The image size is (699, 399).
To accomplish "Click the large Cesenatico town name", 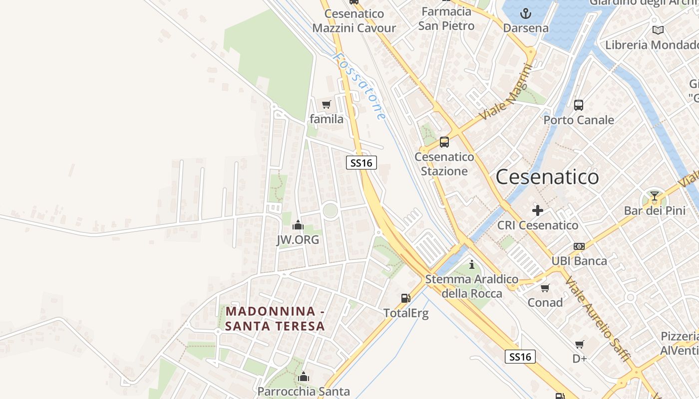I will (547, 177).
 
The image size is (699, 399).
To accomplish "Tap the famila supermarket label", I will (327, 119).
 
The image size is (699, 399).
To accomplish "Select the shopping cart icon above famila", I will (327, 105).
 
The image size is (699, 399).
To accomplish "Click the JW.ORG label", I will (298, 240).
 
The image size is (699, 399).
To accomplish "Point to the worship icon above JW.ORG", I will (298, 225).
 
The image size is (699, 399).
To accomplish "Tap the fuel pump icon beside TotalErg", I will (406, 298).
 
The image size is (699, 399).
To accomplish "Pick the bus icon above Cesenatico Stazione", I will (444, 142).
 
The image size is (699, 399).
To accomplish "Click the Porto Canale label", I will (578, 120).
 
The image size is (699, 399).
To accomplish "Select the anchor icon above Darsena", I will (525, 13).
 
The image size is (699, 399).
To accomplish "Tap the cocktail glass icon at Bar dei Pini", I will (655, 196).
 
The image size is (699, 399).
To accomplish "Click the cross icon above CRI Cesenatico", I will (538, 210).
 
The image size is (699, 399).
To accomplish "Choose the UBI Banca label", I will (579, 261).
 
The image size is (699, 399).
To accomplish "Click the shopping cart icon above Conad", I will (545, 288).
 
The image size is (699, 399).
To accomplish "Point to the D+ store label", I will (579, 358).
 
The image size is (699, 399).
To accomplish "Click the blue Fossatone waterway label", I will (359, 86).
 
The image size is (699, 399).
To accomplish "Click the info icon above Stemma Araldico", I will (472, 264).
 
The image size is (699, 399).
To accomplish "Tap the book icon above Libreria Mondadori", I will (658, 30).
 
